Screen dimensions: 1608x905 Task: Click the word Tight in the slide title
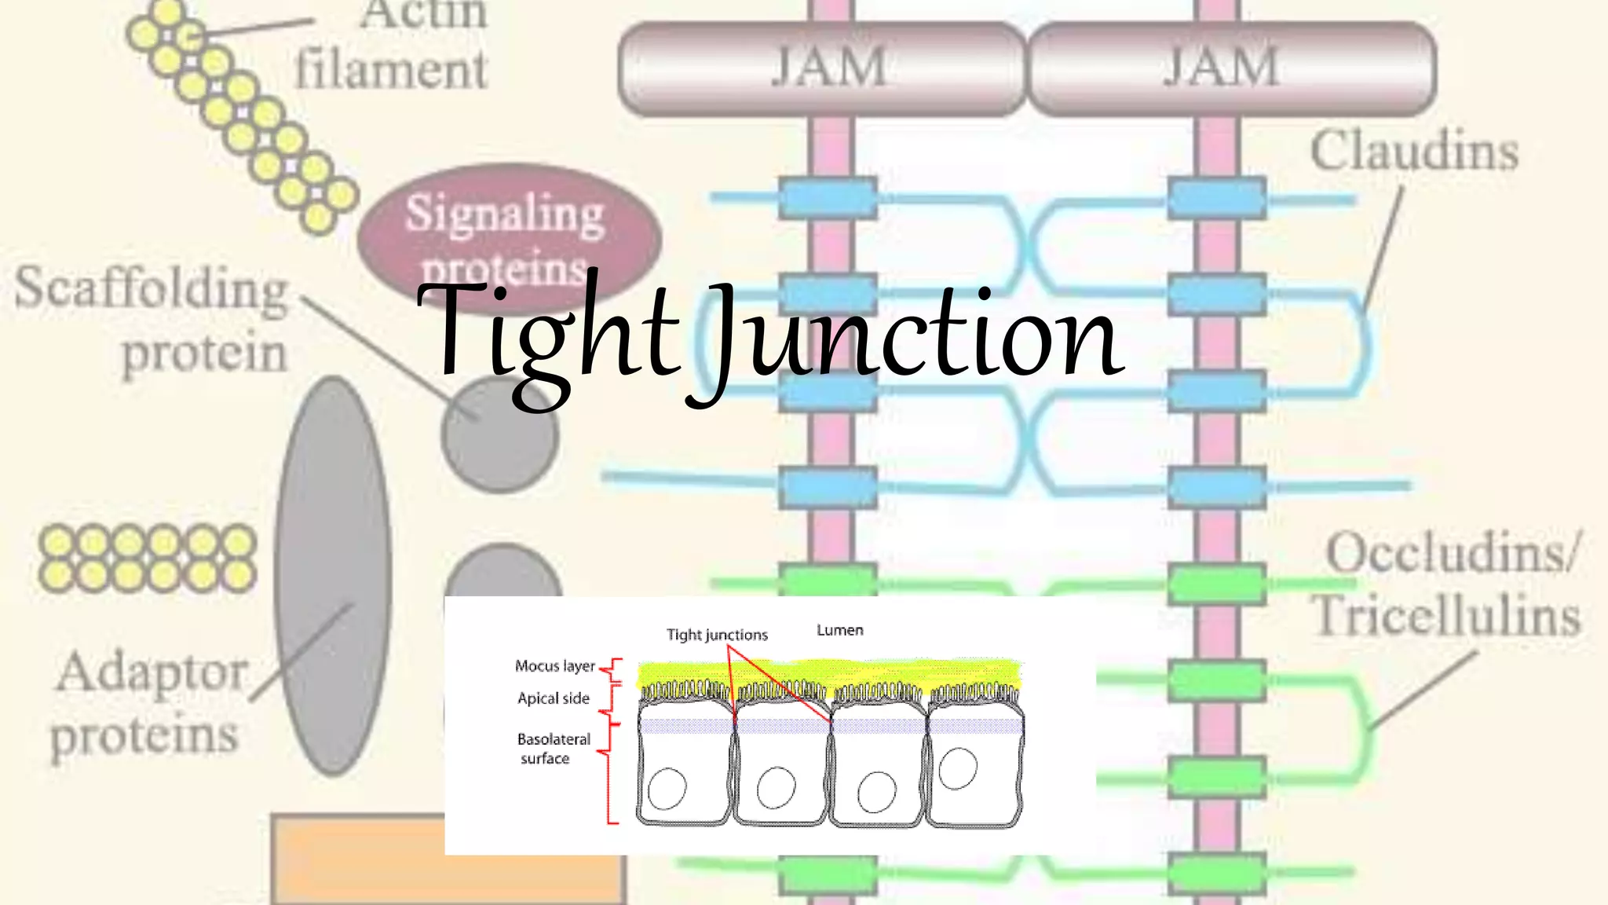[548, 339]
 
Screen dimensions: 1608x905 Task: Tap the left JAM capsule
[823, 68]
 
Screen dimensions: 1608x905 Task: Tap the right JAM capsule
[1232, 68]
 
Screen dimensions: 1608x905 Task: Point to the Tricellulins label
[1446, 614]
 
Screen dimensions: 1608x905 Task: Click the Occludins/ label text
[1452, 552]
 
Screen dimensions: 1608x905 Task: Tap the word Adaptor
[152, 674]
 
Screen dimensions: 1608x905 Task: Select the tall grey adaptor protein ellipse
[334, 576]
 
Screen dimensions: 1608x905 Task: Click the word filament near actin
[391, 69]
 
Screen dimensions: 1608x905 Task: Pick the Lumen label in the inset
[840, 630]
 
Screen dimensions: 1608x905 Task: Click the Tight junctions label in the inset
[717, 635]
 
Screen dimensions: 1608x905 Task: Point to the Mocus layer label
[555, 666]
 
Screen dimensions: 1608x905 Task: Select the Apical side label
[554, 698]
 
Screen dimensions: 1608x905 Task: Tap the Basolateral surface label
[554, 749]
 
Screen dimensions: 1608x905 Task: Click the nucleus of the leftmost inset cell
[667, 788]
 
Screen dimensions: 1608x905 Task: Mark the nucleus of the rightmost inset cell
[958, 768]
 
